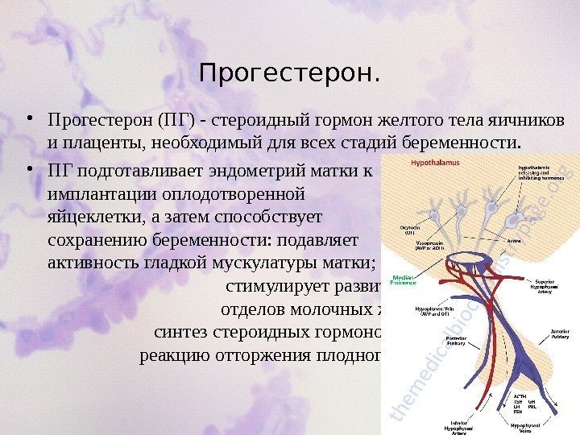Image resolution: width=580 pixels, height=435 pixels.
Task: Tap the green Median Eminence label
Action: click(403, 280)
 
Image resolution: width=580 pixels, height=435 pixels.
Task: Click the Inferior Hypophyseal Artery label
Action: click(457, 425)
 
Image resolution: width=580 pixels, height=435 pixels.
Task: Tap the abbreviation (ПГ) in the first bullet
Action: click(173, 121)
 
